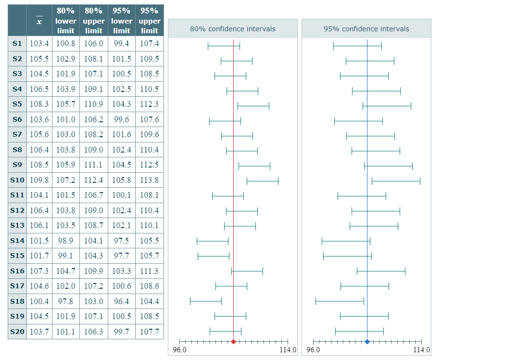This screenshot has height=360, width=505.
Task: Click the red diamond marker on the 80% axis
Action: [x=233, y=342]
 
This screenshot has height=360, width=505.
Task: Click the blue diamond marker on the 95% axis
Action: [x=367, y=342]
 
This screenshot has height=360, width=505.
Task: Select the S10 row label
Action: [x=17, y=180]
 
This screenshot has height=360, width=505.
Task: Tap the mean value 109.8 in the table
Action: [x=39, y=180]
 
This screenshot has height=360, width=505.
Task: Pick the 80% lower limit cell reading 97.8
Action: [x=66, y=301]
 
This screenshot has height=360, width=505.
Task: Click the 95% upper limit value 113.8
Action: [x=150, y=180]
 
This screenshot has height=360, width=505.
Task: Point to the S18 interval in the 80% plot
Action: [x=206, y=301]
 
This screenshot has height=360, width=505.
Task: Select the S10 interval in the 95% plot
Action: [x=396, y=181]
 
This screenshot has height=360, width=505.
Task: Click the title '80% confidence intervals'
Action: [x=233, y=29]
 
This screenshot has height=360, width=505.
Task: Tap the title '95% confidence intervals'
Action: [x=366, y=29]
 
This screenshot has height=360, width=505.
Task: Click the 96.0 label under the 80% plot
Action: [x=179, y=350]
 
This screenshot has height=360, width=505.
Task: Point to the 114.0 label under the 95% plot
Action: [x=422, y=350]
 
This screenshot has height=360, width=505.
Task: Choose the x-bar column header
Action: [x=39, y=21]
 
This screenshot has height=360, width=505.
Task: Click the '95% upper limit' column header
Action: [x=150, y=21]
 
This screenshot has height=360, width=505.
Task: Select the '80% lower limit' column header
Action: [x=66, y=21]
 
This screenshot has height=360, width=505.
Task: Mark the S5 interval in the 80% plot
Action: [x=253, y=105]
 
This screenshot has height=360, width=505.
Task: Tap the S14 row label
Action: [x=17, y=241]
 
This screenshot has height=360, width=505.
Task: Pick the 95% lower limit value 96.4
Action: [x=122, y=301]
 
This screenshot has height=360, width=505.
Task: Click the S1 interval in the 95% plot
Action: [x=357, y=46]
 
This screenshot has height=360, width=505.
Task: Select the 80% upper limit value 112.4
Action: [x=94, y=180]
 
